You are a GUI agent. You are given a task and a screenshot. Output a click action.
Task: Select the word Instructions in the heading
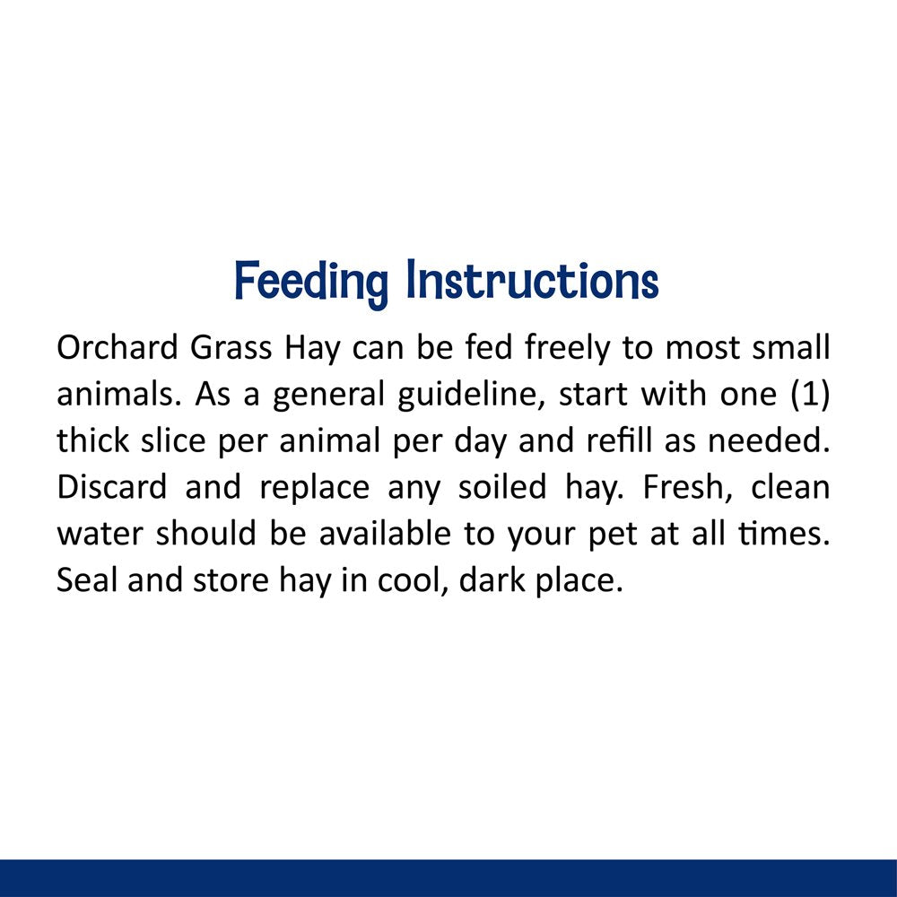coord(532,281)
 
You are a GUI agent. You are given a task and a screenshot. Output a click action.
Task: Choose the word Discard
coord(112,487)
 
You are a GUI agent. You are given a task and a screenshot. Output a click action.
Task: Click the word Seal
coord(87,579)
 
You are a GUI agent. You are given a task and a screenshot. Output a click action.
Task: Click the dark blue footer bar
coord(448,878)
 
